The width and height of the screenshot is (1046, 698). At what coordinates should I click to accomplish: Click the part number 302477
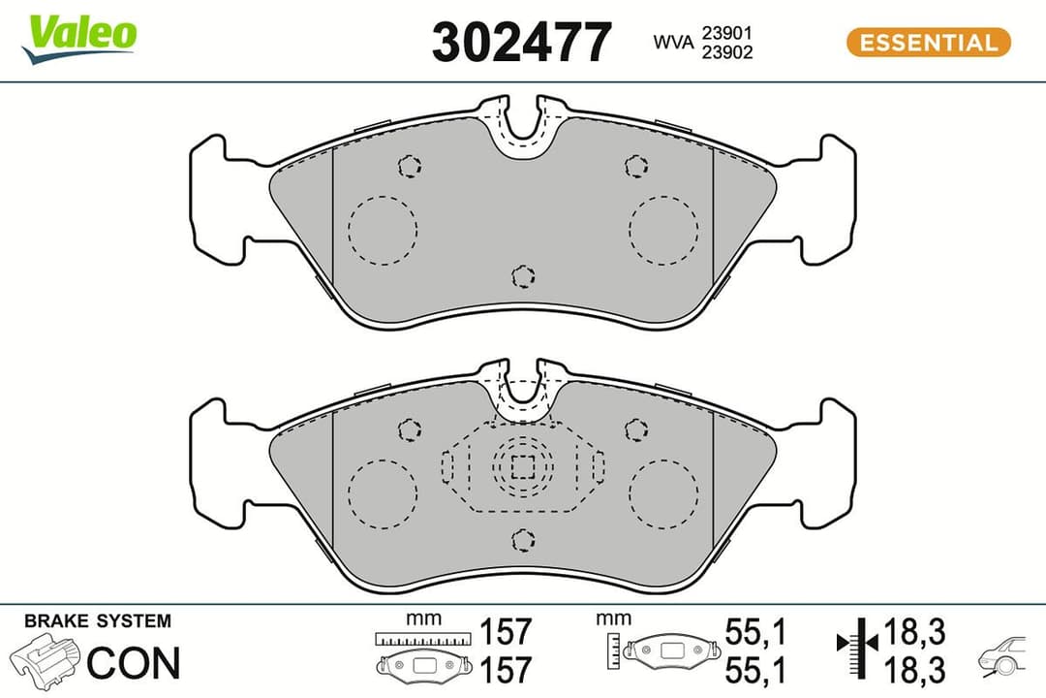point(521,43)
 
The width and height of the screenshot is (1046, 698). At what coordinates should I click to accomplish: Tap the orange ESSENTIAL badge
point(928,43)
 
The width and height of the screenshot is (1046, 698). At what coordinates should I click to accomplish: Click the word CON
point(134,663)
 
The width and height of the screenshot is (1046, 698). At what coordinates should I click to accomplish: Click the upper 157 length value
point(507,632)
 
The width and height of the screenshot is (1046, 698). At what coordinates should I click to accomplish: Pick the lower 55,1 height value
point(755,669)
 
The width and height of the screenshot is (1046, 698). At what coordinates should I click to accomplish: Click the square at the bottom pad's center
point(523,467)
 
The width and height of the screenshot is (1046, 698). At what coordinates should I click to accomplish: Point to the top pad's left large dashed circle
point(382,231)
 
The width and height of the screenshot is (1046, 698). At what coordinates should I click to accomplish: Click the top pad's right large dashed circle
point(663,231)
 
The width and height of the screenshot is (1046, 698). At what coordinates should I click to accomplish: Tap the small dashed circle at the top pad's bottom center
point(523,277)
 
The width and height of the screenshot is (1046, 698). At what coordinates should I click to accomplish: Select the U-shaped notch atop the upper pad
point(523,123)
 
